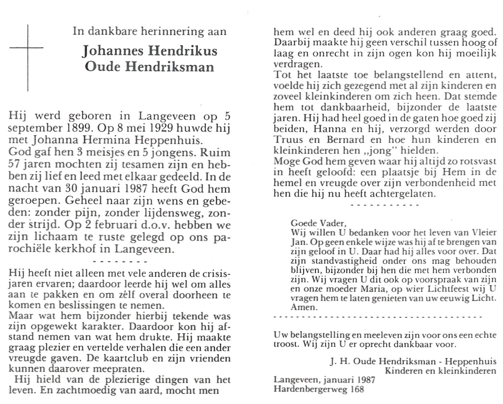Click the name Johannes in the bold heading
113,51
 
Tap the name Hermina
109,140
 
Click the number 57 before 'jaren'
15,164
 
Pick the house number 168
357,389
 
